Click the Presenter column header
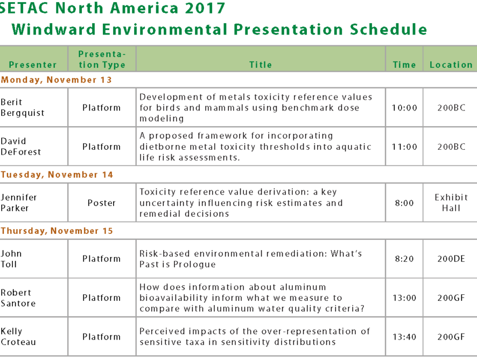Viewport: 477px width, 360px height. tap(33, 65)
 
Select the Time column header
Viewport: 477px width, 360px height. tap(404, 65)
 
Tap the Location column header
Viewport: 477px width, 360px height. tap(451, 65)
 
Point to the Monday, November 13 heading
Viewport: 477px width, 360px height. tap(57, 80)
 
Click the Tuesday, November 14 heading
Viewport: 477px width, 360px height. tap(57, 175)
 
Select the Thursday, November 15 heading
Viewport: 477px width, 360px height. tap(57, 231)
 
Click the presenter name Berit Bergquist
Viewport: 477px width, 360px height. tap(23, 107)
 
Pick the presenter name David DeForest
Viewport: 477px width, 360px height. tap(20, 147)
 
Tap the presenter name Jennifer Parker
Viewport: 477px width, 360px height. tap(18, 203)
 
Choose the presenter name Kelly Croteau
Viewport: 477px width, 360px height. tap(18, 336)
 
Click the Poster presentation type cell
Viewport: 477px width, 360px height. tap(102, 203)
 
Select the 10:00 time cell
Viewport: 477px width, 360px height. tap(404, 108)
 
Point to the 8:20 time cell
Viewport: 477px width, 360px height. tap(404, 259)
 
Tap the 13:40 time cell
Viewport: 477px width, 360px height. tap(404, 337)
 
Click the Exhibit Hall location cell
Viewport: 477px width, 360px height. tap(451, 203)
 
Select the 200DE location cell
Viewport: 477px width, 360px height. tap(451, 259)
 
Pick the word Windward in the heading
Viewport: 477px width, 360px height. tap(54, 30)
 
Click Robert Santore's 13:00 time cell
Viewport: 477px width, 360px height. tap(404, 298)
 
